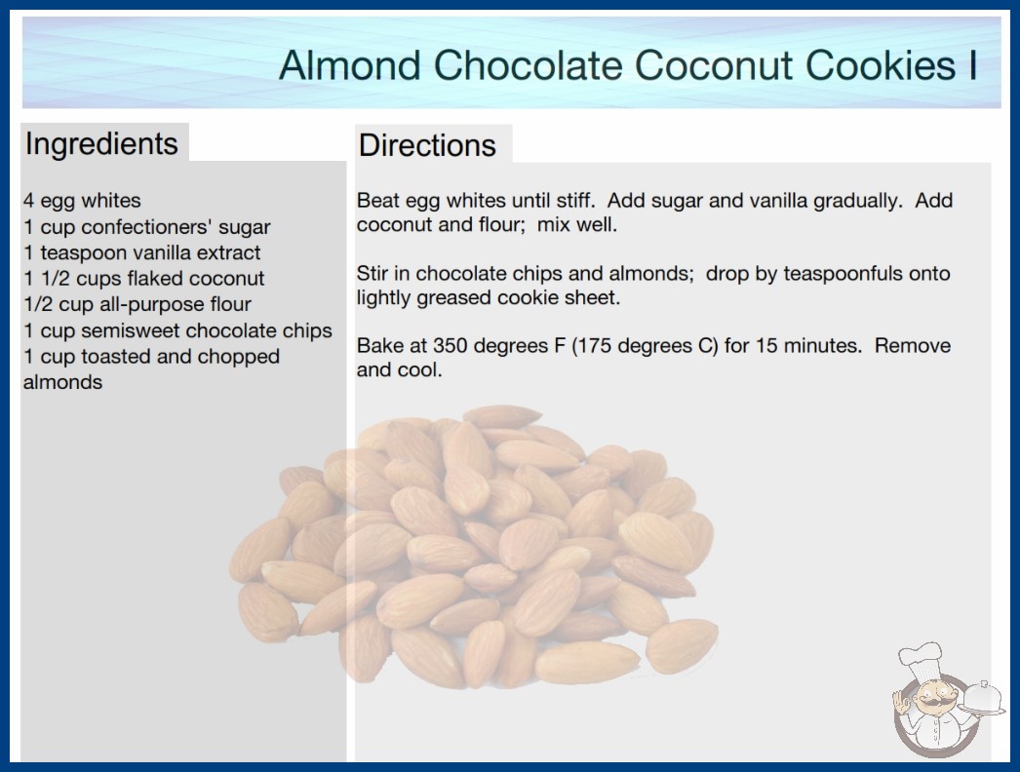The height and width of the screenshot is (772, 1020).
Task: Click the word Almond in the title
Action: coord(350,65)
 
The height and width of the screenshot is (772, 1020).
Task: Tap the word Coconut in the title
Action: coord(714,65)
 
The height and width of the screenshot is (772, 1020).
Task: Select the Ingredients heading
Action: coord(101,144)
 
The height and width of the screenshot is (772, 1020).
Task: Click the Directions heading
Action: coord(427,145)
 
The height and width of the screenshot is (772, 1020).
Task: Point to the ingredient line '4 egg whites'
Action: coord(82,201)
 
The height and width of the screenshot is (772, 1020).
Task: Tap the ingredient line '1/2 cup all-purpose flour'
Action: coord(137,304)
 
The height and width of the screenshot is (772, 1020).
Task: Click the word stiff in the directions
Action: coord(575,200)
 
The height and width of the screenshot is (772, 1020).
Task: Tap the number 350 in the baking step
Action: coord(451,345)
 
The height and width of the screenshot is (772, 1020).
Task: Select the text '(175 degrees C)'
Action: coord(645,345)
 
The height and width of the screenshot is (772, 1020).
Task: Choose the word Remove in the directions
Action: coord(912,345)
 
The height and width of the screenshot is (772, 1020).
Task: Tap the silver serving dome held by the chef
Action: coord(983,697)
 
